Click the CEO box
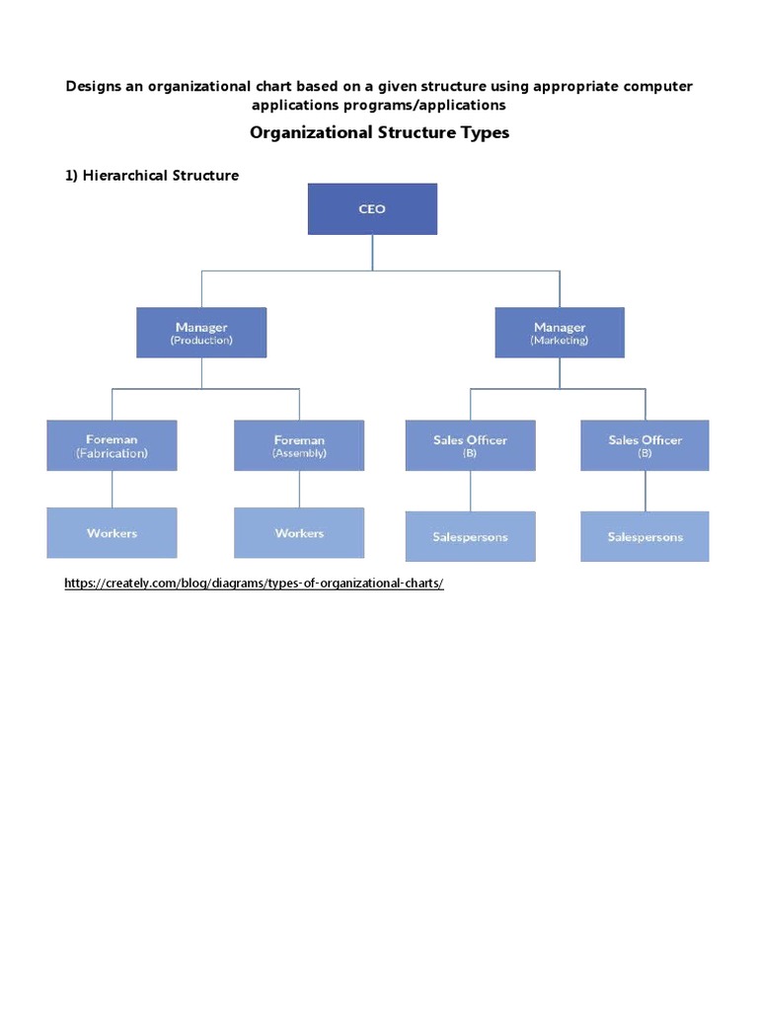click(x=372, y=209)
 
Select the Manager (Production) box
click(x=201, y=333)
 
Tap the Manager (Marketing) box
click(x=560, y=333)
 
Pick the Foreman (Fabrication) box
click(x=112, y=445)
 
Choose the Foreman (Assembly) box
click(x=299, y=445)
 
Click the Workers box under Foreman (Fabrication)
click(x=112, y=533)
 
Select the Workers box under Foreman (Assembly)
click(x=299, y=533)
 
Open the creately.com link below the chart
click(x=254, y=583)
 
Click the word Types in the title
click(x=478, y=132)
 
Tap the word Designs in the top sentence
click(x=97, y=86)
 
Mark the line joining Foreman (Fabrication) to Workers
click(x=112, y=490)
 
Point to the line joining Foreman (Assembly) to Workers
click(x=299, y=490)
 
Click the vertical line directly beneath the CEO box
click(x=372, y=252)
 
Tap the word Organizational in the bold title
click(x=309, y=132)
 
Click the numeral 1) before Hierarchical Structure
click(x=71, y=176)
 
